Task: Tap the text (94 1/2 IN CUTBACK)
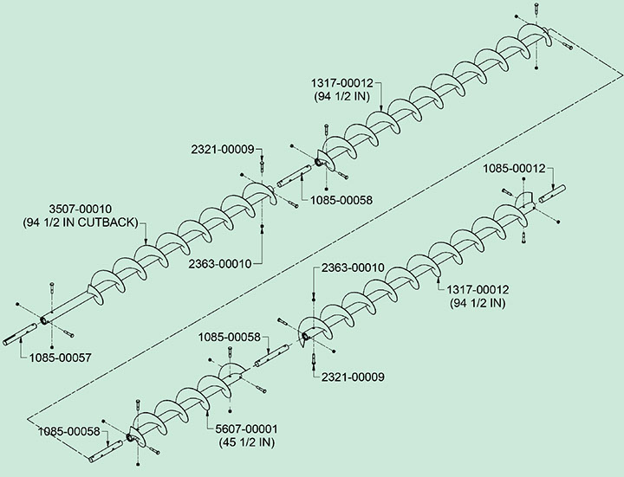point(81,222)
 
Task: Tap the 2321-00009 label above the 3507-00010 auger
point(223,149)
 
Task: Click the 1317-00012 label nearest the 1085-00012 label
point(478,291)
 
